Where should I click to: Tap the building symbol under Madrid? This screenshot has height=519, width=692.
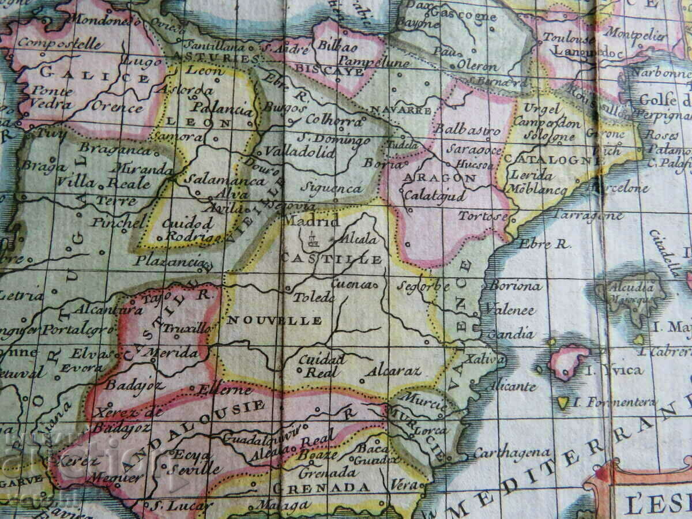tap(312, 238)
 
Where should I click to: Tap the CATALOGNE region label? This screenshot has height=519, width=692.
tap(547, 159)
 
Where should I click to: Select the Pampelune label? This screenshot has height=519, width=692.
tap(374, 62)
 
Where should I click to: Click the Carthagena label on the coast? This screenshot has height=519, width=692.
tap(512, 453)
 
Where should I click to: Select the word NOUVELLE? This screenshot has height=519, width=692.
tap(274, 320)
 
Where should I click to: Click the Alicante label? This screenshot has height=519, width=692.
tap(513, 386)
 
